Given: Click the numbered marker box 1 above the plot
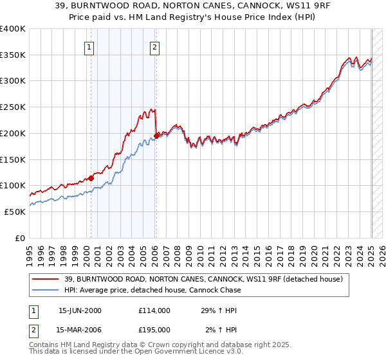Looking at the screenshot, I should (89, 46).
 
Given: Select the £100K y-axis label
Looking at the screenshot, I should (13, 186).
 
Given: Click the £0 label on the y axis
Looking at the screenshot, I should (19, 238).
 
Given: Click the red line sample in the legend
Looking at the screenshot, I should (45, 278).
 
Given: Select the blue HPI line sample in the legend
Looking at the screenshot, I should (45, 290).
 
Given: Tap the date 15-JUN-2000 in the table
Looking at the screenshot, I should (80, 310).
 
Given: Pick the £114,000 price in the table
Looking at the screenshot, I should (154, 310).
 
